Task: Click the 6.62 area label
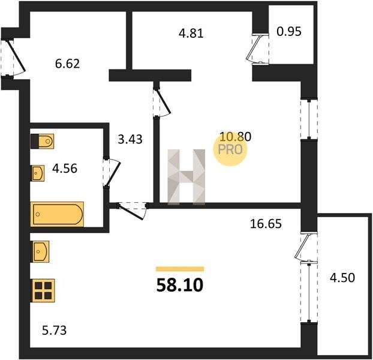[x=67, y=64]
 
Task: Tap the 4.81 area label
[x=191, y=34]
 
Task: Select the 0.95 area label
[x=289, y=31]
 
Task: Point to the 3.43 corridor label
[x=130, y=139]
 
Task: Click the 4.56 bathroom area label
[x=65, y=169]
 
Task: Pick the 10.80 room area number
[x=235, y=137]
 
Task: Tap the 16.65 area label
[x=266, y=224]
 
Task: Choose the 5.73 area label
[x=54, y=330]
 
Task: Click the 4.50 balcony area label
[x=342, y=278]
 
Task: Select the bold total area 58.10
[x=180, y=285]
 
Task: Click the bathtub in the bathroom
[x=57, y=214]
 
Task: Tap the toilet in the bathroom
[x=43, y=142]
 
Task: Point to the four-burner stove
[x=43, y=290]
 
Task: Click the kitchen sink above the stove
[x=40, y=251]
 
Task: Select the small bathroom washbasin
[x=38, y=173]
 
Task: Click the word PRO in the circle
[x=230, y=150]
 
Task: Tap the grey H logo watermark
[x=186, y=177]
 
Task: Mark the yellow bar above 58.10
[x=180, y=269]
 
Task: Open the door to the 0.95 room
[x=258, y=49]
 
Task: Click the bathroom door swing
[x=112, y=172]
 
